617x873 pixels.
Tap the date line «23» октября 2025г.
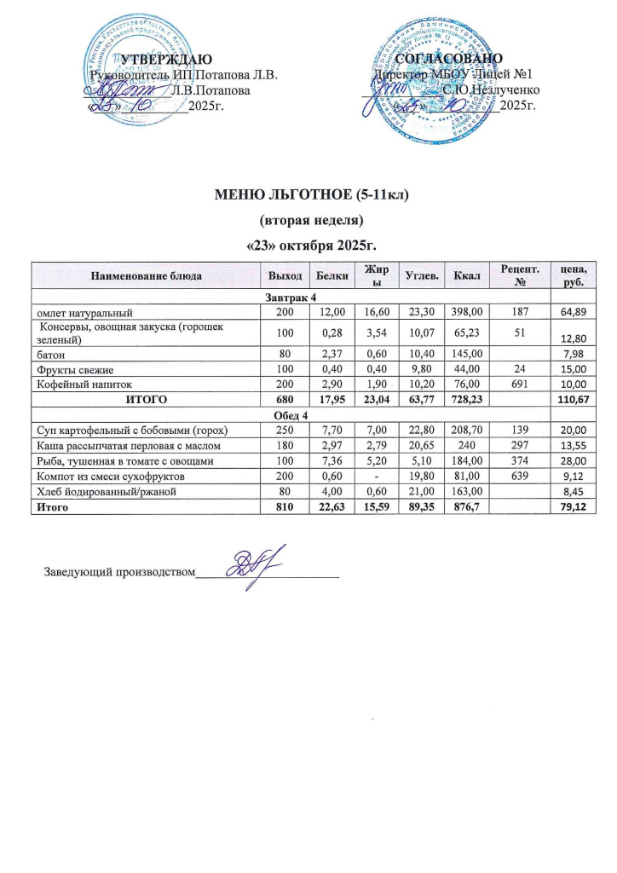pos(311,246)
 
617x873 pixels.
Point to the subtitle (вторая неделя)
pos(311,220)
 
